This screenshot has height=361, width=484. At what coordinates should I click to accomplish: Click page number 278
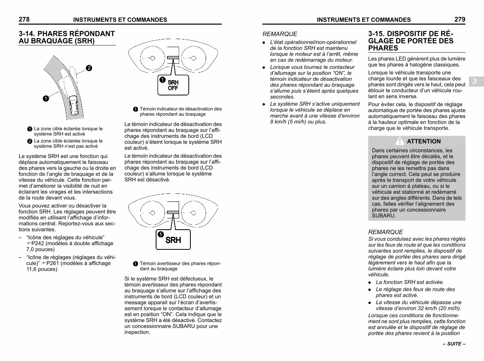click(24, 19)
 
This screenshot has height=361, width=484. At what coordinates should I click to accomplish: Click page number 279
click(459, 19)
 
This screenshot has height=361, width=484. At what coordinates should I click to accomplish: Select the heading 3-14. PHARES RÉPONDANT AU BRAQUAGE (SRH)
click(67, 37)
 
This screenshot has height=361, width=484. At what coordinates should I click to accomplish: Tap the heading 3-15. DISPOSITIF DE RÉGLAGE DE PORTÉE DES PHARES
click(411, 41)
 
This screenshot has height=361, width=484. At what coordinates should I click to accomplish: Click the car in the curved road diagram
click(74, 106)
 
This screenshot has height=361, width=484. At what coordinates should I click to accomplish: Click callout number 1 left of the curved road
click(46, 98)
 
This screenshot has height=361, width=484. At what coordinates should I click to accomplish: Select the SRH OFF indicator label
click(173, 85)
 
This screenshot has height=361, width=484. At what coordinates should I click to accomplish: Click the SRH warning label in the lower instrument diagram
click(173, 240)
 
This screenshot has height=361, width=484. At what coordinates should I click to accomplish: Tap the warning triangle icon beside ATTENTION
click(399, 141)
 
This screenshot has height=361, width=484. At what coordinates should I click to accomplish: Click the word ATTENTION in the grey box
click(424, 141)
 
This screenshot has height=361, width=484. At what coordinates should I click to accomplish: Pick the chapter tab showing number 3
click(475, 81)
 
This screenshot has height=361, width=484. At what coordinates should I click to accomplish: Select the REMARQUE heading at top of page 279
click(280, 34)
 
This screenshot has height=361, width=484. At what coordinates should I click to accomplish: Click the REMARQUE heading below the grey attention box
click(385, 232)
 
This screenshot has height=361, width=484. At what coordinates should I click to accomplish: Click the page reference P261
click(54, 263)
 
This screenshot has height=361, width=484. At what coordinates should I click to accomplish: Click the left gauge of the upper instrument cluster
click(152, 57)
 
